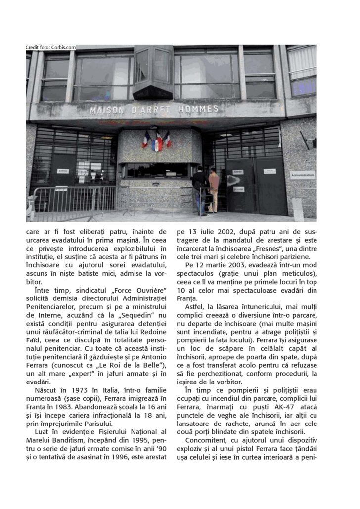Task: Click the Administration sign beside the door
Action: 303,174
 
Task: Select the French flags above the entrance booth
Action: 156,140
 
